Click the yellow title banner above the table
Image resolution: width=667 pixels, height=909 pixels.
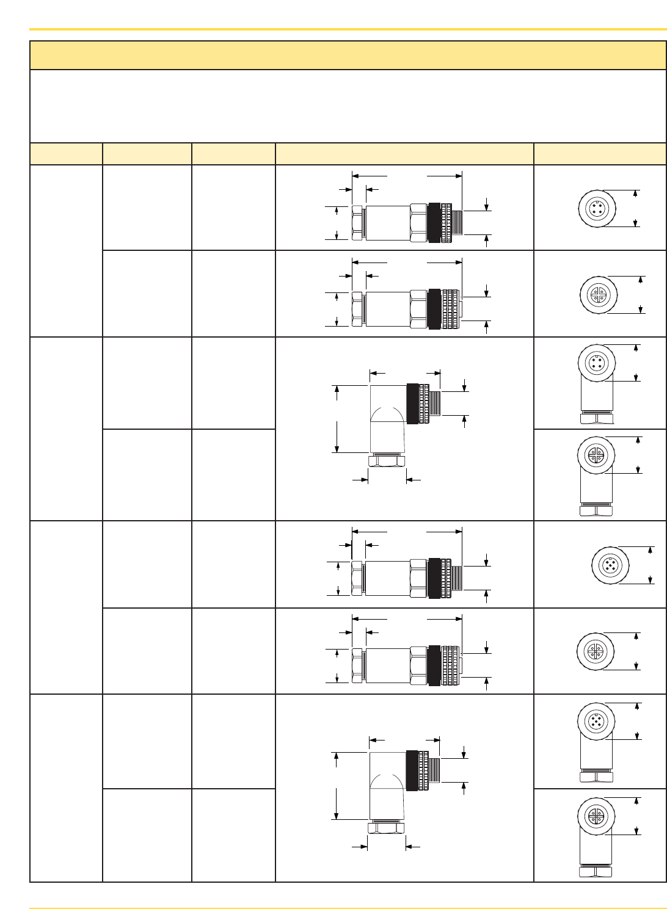(348, 56)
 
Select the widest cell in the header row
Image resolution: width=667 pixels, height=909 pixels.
(404, 154)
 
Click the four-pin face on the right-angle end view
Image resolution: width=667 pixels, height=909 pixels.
(596, 363)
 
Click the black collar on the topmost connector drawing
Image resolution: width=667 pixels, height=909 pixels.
(435, 223)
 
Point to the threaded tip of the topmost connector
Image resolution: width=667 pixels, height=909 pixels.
(457, 223)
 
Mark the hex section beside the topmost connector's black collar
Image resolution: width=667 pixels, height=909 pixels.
(418, 223)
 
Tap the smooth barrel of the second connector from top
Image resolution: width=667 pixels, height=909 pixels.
(387, 309)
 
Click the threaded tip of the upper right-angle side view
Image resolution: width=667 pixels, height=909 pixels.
(435, 404)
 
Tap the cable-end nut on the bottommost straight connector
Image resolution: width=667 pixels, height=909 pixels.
(357, 665)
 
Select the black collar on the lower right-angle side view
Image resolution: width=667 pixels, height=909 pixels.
(412, 770)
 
